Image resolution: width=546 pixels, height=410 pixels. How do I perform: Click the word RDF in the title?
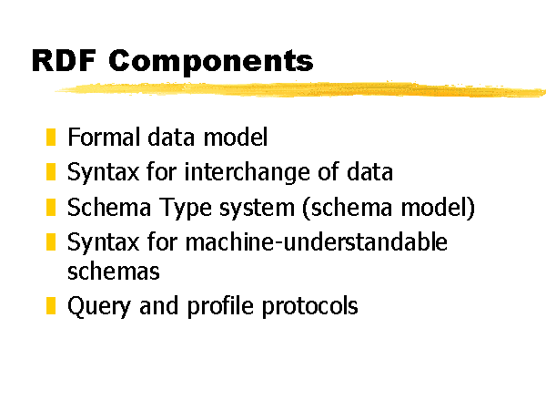click(x=64, y=61)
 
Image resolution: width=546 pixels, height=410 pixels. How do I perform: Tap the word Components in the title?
click(x=211, y=62)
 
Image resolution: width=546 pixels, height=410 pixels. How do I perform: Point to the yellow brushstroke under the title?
click(x=300, y=89)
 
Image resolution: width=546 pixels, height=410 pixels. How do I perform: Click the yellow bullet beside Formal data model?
click(x=51, y=137)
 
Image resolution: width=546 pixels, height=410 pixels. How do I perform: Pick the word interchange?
click(x=247, y=172)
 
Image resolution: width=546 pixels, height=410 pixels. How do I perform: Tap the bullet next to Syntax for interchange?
click(x=51, y=172)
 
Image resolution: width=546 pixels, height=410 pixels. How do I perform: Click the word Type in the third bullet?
click(x=186, y=208)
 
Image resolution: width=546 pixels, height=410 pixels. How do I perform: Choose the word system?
click(x=257, y=208)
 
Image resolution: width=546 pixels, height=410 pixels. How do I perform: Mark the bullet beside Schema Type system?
click(x=51, y=207)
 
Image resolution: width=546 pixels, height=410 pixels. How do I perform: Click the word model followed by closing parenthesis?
click(x=438, y=208)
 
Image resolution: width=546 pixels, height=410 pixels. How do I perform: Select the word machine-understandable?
click(x=316, y=241)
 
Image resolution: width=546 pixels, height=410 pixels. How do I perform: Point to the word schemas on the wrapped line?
click(x=114, y=272)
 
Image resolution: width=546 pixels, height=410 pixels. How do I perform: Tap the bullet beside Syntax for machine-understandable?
click(x=51, y=242)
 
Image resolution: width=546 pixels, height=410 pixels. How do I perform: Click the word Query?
click(x=99, y=307)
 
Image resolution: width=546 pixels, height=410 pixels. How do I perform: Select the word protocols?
click(x=309, y=307)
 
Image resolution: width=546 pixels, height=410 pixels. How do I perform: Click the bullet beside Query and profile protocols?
click(x=51, y=306)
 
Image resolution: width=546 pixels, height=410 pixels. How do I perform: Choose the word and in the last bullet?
click(x=158, y=305)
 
